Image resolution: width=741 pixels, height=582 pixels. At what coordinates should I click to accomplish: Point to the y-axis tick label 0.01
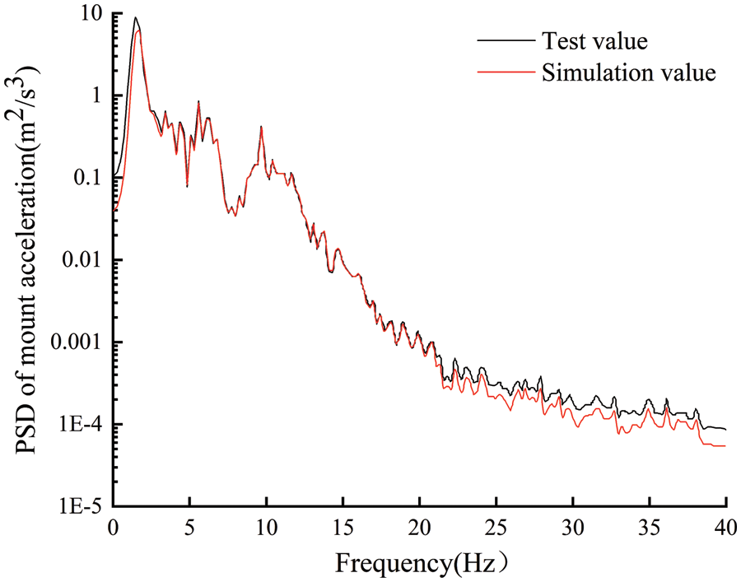[80, 260]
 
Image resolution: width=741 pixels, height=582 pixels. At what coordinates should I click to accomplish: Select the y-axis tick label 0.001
[74, 342]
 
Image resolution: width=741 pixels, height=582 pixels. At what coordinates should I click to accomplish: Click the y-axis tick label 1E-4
[79, 425]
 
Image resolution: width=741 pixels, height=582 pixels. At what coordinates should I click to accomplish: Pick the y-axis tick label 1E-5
[79, 506]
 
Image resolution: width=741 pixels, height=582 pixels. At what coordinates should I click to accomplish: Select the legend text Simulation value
[629, 72]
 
